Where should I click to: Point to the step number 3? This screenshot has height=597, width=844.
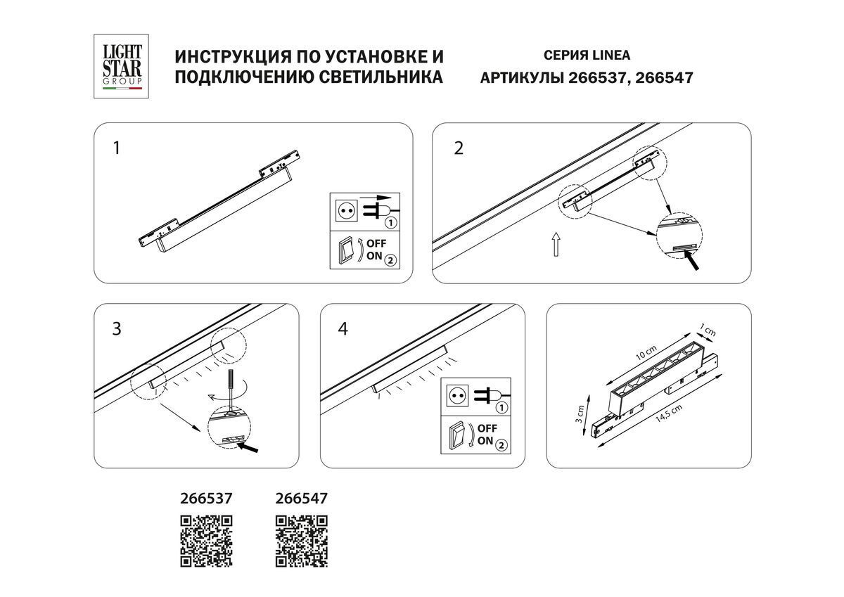117,328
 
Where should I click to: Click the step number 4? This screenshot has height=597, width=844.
343,328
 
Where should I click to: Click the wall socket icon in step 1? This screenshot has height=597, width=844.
345,210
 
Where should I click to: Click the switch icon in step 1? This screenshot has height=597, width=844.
345,250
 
